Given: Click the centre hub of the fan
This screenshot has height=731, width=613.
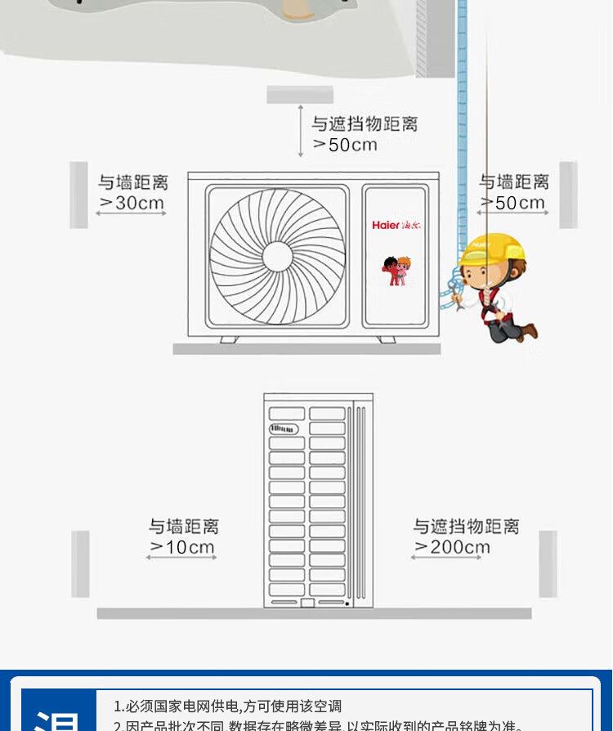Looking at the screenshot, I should tap(277, 255).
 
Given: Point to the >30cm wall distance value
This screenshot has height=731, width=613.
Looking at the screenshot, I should tap(132, 202).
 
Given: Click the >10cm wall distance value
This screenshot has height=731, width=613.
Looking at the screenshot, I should tap(181, 547).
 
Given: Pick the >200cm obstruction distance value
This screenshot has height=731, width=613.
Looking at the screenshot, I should tap(452, 547).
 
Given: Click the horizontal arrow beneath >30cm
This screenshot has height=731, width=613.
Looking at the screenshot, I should tap(131, 214).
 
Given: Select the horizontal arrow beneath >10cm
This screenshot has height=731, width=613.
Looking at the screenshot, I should tap(181, 558).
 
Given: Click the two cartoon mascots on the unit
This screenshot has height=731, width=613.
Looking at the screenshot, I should tap(396, 271).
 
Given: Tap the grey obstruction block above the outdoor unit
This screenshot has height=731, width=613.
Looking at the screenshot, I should tap(300, 95).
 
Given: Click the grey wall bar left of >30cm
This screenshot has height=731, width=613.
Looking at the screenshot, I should tap(78, 195).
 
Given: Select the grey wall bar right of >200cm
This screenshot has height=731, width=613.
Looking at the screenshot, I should tap(548, 563).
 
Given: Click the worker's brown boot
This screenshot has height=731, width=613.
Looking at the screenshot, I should tap(530, 331).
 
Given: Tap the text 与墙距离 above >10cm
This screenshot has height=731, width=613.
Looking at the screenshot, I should tap(183, 526).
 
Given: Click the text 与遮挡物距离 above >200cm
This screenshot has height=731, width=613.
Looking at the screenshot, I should tap(466, 526).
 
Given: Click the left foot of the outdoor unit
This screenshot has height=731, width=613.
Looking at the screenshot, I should tap(228, 339).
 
